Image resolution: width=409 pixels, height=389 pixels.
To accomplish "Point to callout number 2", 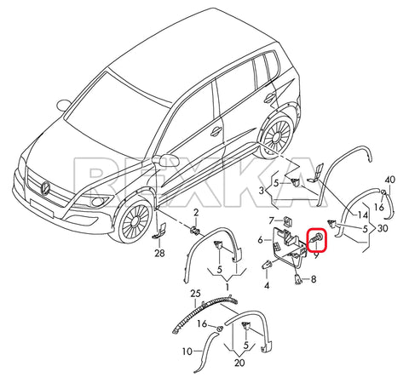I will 194,211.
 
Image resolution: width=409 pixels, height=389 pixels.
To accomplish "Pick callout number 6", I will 261,241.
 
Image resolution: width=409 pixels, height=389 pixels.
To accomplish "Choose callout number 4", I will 267,286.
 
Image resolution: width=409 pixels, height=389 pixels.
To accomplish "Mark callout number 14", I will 363,216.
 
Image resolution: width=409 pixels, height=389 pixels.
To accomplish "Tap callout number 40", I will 390,180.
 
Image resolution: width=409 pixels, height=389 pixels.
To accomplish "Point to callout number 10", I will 186,351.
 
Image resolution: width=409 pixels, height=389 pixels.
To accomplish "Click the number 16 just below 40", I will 382,207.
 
